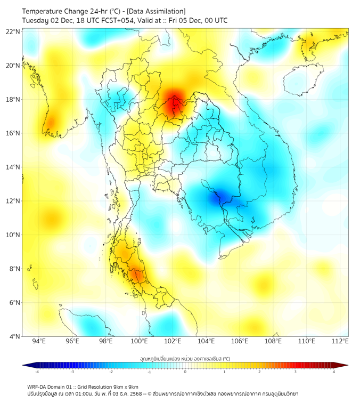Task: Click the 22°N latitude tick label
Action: pos(13,31)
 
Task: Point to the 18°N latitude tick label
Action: pos(13,99)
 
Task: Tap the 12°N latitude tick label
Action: pos(13,201)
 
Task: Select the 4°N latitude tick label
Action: pos(15,336)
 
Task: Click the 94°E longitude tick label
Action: pos(39,341)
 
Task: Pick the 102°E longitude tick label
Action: pos(173,341)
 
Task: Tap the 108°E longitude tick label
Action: pos(273,341)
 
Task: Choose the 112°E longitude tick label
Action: pos(340,341)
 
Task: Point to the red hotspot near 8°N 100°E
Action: pos(137,276)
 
